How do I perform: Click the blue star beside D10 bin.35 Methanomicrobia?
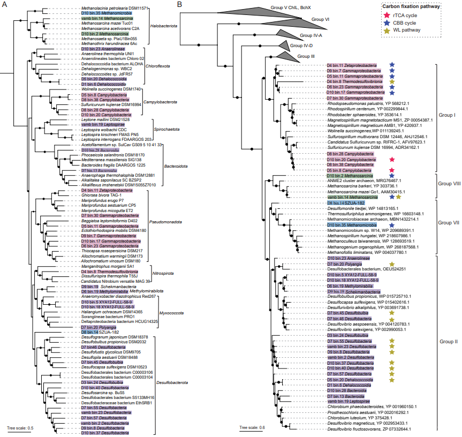click(392, 225)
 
